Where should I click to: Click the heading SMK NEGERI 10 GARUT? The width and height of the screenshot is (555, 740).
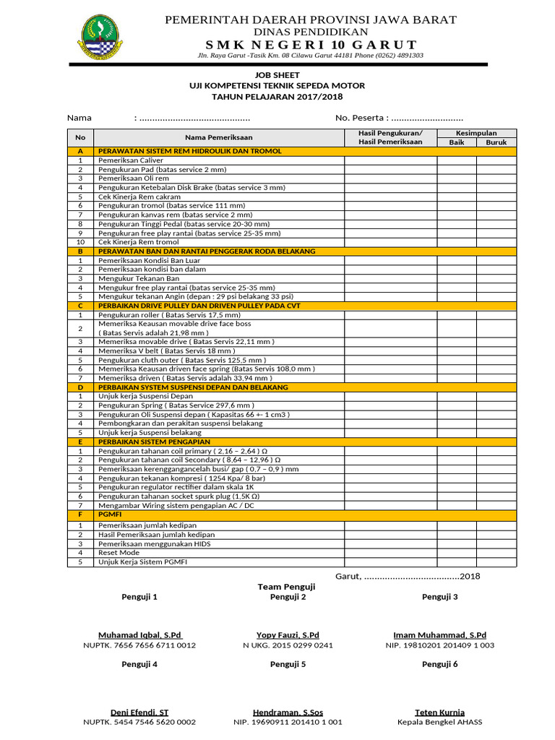tap(311, 45)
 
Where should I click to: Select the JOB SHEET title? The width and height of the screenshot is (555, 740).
tap(277, 75)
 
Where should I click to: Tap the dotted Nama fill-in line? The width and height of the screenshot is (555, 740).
tap(194, 118)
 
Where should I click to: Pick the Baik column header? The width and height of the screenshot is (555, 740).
tap(456, 142)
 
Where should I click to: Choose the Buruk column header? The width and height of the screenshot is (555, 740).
tap(496, 142)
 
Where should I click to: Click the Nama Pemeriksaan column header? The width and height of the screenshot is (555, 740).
tap(219, 137)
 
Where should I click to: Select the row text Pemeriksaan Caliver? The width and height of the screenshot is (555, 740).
tap(131, 160)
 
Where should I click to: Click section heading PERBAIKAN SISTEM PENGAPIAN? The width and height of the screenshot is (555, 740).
tap(154, 441)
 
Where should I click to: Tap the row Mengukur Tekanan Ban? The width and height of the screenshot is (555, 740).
tap(139, 278)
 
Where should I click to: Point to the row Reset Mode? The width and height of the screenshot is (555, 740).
tap(119, 552)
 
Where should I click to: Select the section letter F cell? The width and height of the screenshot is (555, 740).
tap(80, 515)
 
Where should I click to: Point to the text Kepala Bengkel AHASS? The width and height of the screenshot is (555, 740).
tap(439, 722)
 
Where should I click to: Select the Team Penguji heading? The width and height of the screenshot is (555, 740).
tap(287, 587)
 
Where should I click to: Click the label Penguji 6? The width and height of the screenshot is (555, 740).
tap(439, 664)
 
